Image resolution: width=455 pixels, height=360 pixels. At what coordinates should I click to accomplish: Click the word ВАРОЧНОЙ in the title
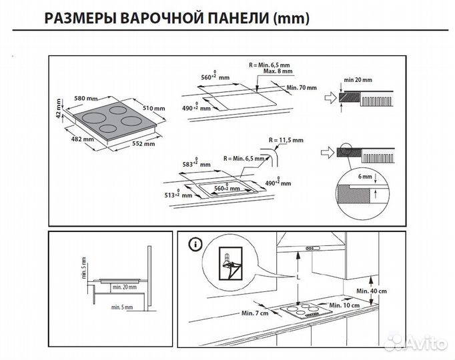click(x=166, y=19)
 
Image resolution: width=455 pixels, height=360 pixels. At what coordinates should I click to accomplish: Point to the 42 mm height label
click(x=59, y=109)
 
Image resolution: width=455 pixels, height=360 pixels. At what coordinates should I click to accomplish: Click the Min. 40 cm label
click(x=372, y=291)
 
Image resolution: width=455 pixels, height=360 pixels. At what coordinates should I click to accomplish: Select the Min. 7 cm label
click(x=255, y=313)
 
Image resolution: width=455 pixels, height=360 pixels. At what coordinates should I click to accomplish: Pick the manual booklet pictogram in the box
click(x=230, y=265)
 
